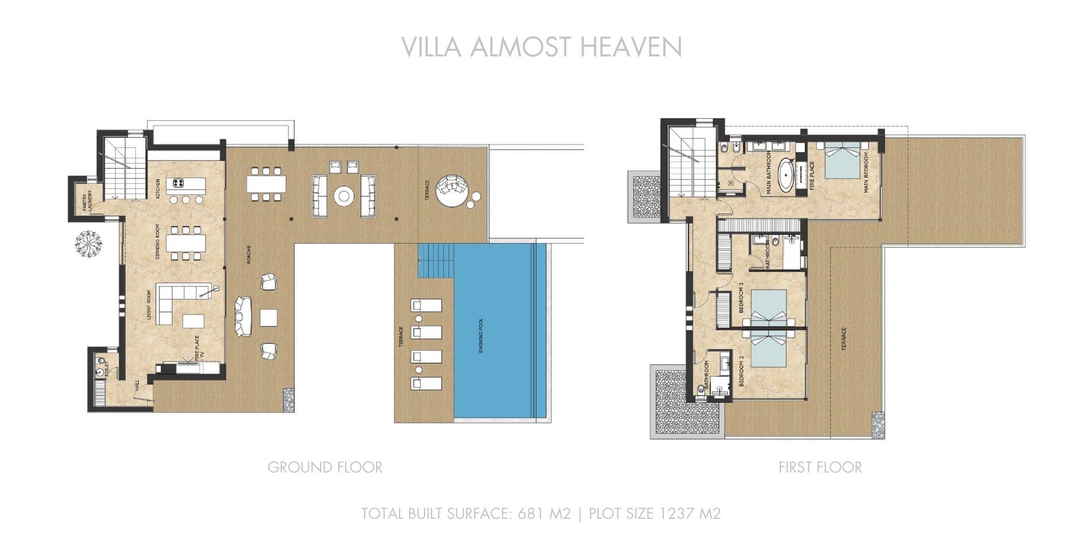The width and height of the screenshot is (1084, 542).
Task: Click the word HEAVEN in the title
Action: coord(631,47)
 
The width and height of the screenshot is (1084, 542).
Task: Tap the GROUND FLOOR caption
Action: coord(325,467)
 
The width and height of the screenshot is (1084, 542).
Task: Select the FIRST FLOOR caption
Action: coord(820,467)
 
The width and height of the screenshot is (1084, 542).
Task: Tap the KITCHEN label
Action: coord(158,189)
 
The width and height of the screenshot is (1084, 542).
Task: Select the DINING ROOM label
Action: coord(158,242)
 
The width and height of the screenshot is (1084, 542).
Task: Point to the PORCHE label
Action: coord(248,255)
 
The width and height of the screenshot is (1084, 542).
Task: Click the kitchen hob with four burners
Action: coord(178,183)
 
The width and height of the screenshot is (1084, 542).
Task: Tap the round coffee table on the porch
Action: coord(344,196)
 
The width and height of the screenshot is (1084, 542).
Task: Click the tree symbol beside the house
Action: coord(89,244)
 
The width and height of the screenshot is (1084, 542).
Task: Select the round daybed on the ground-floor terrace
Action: coord(452,191)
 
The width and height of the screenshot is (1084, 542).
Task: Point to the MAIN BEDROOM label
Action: coord(866,175)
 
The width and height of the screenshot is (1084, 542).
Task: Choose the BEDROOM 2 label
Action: coord(741,370)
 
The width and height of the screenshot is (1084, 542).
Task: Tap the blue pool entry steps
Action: coord(436,260)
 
